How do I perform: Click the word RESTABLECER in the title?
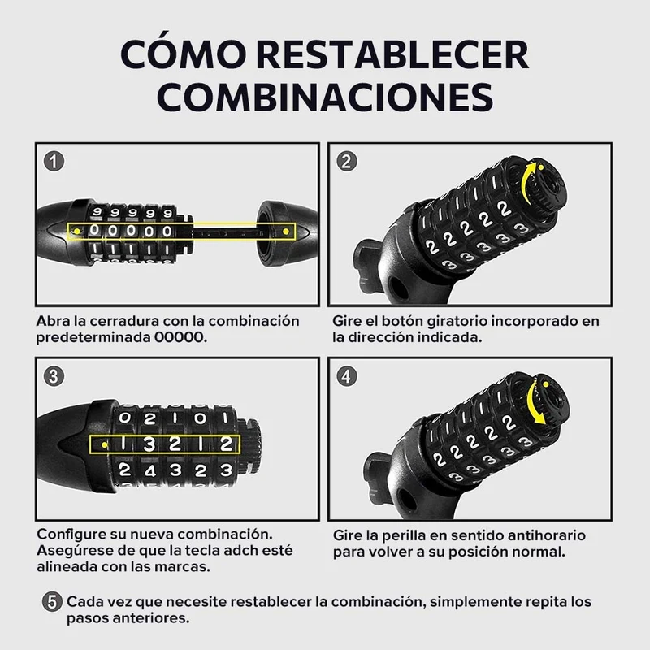click(392, 54)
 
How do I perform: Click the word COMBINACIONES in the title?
click(325, 97)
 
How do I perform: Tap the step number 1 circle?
click(54, 161)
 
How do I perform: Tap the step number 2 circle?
click(347, 161)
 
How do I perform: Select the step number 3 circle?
click(54, 376)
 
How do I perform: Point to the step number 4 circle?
click(347, 376)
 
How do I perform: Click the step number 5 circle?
click(52, 601)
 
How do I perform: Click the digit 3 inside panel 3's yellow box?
click(149, 444)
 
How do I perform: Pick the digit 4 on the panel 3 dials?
click(149, 470)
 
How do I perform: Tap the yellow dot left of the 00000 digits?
click(76, 231)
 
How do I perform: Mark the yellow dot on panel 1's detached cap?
click(286, 231)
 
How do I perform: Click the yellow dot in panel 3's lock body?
click(105, 444)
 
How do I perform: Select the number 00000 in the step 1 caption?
click(180, 337)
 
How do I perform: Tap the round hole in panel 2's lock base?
click(399, 287)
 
